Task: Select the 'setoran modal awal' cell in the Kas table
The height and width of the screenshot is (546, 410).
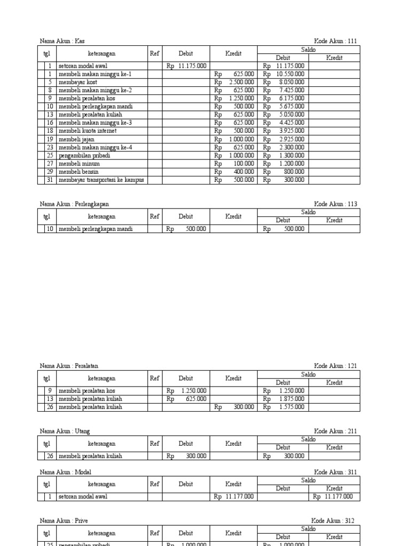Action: point(83,66)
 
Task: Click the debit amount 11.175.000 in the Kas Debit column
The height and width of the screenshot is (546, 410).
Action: point(186,66)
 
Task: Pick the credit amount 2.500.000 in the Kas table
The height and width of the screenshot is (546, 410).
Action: point(234,82)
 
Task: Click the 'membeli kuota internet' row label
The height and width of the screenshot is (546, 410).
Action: point(88,131)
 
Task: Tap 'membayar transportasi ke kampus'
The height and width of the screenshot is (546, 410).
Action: point(101,180)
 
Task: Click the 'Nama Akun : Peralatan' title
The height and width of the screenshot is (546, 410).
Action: point(69,366)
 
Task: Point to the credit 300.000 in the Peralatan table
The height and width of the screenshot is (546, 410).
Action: point(234,407)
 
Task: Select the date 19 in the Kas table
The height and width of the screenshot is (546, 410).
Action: point(50,139)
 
